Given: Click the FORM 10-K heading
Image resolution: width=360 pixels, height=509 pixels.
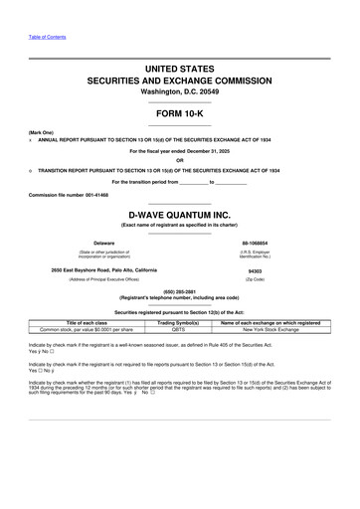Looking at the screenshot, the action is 180,113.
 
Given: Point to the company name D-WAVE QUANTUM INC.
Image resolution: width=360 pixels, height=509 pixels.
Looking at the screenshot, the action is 180,214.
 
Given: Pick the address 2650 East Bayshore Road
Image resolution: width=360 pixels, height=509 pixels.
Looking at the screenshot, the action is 103,270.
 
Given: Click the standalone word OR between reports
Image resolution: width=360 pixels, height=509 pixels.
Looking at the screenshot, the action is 180,154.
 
